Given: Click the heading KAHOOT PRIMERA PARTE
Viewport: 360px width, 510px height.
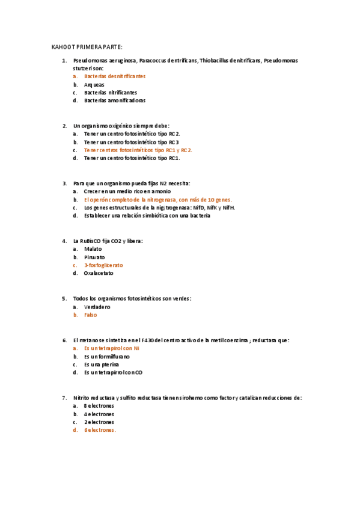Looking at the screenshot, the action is pos(87,47).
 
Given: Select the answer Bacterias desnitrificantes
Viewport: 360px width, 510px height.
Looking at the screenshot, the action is pos(115,76).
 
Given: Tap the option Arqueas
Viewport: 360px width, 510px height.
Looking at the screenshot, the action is pos(94,85).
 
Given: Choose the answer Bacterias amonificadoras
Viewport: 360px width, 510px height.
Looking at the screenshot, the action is pos(115,100).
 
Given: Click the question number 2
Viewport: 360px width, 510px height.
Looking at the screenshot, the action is pos(64,126).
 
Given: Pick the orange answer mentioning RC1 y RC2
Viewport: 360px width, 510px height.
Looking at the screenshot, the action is pos(138,150).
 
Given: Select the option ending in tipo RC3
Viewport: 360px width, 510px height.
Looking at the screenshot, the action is pos(132,142).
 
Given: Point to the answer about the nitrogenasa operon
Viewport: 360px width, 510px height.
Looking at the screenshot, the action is pos(157,199).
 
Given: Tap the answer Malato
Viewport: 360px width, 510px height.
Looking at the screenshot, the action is pos(93,248).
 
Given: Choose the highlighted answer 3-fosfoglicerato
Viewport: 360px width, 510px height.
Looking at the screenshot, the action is pos(103,265).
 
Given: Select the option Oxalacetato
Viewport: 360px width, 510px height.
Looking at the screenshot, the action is pos(99,273).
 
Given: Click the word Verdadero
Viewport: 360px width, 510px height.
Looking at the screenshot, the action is pos(97,307).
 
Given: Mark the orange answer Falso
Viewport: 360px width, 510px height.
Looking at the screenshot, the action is pos(90,315).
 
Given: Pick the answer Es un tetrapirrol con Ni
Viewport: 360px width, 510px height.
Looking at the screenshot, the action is pos(112,348).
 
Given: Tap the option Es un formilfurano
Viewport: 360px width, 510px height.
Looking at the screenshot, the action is pos(106,356).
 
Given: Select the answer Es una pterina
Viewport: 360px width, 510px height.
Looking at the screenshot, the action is pos(102,364).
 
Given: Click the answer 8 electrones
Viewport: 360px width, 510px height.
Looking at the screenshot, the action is pos(99,406).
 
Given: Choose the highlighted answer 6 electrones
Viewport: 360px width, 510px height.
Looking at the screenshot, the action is pos(100,430).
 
